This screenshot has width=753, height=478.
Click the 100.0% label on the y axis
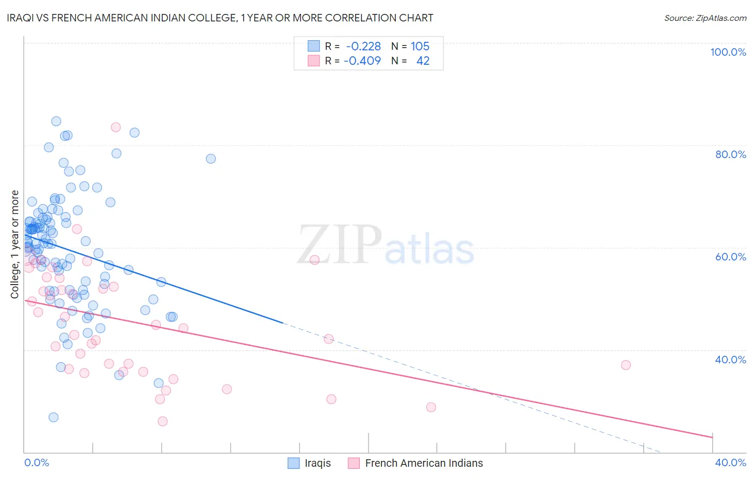pyautogui.click(x=728, y=52)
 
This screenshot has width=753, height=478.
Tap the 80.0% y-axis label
pyautogui.click(x=731, y=154)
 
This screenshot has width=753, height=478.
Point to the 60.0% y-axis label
pyautogui.click(x=731, y=257)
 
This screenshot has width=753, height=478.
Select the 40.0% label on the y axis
pyautogui.click(x=731, y=360)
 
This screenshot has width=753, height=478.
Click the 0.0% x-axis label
pyautogui.click(x=36, y=462)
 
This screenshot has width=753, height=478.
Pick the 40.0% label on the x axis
pyautogui.click(x=731, y=462)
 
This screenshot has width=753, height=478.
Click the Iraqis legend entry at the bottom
pyautogui.click(x=318, y=463)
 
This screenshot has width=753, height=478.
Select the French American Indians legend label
pyautogui.click(x=424, y=463)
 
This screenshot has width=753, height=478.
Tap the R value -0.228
pyautogui.click(x=363, y=46)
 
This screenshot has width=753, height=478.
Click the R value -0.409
pyautogui.click(x=362, y=61)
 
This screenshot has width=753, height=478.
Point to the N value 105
pyautogui.click(x=420, y=46)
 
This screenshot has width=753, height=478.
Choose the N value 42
pyautogui.click(x=423, y=61)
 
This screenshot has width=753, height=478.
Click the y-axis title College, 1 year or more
pyautogui.click(x=15, y=244)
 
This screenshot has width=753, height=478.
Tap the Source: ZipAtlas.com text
pyautogui.click(x=705, y=18)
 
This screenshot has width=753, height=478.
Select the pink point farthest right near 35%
pyautogui.click(x=626, y=365)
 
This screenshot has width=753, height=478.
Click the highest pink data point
pyautogui.click(x=116, y=127)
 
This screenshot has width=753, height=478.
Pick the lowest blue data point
pyautogui.click(x=54, y=417)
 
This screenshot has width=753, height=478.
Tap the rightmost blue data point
pyautogui.click(x=211, y=159)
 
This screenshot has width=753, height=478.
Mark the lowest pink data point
pyautogui.click(x=163, y=421)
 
